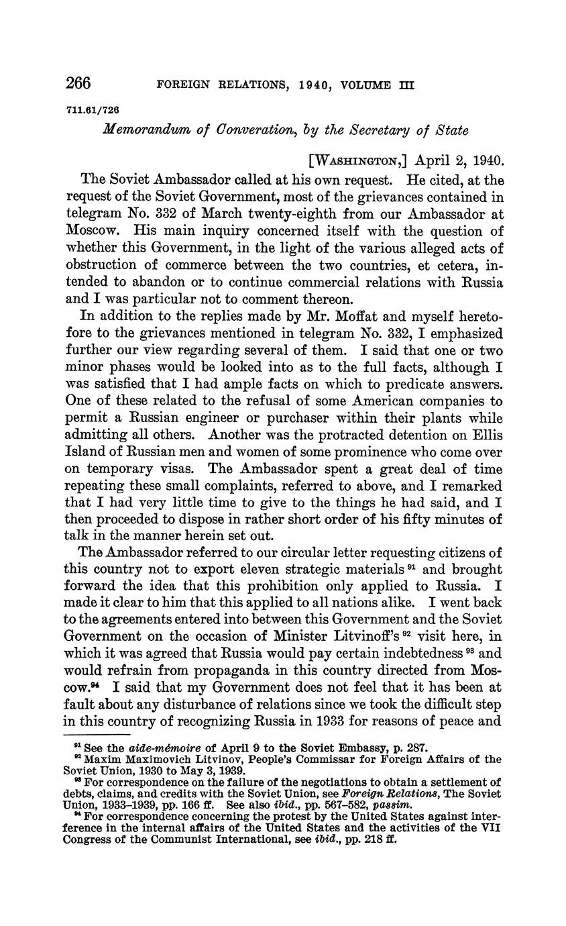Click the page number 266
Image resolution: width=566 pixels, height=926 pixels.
pos(78,84)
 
